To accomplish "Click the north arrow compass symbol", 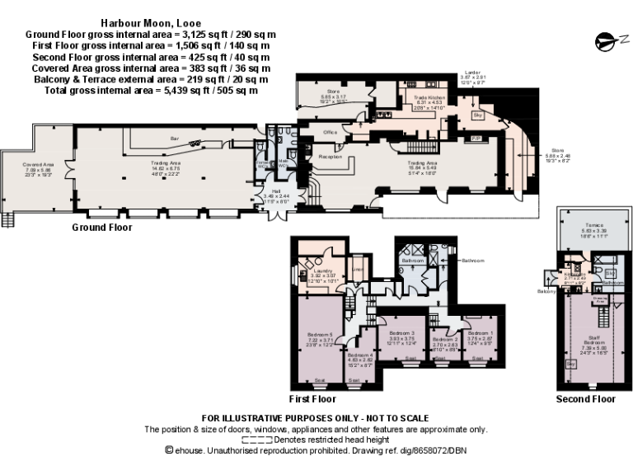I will click(x=606, y=40).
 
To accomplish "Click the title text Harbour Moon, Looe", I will click(x=150, y=24).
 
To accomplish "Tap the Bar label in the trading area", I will click(x=174, y=139).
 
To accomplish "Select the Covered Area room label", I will click(x=38, y=165).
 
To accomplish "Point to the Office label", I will click(x=331, y=132).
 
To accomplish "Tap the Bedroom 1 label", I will click(x=481, y=333).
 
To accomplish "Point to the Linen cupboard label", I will click(x=358, y=266).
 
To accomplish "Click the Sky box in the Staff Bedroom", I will click(x=570, y=363).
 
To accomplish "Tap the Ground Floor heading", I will click(x=101, y=228).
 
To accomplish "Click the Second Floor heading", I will click(x=585, y=399).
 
